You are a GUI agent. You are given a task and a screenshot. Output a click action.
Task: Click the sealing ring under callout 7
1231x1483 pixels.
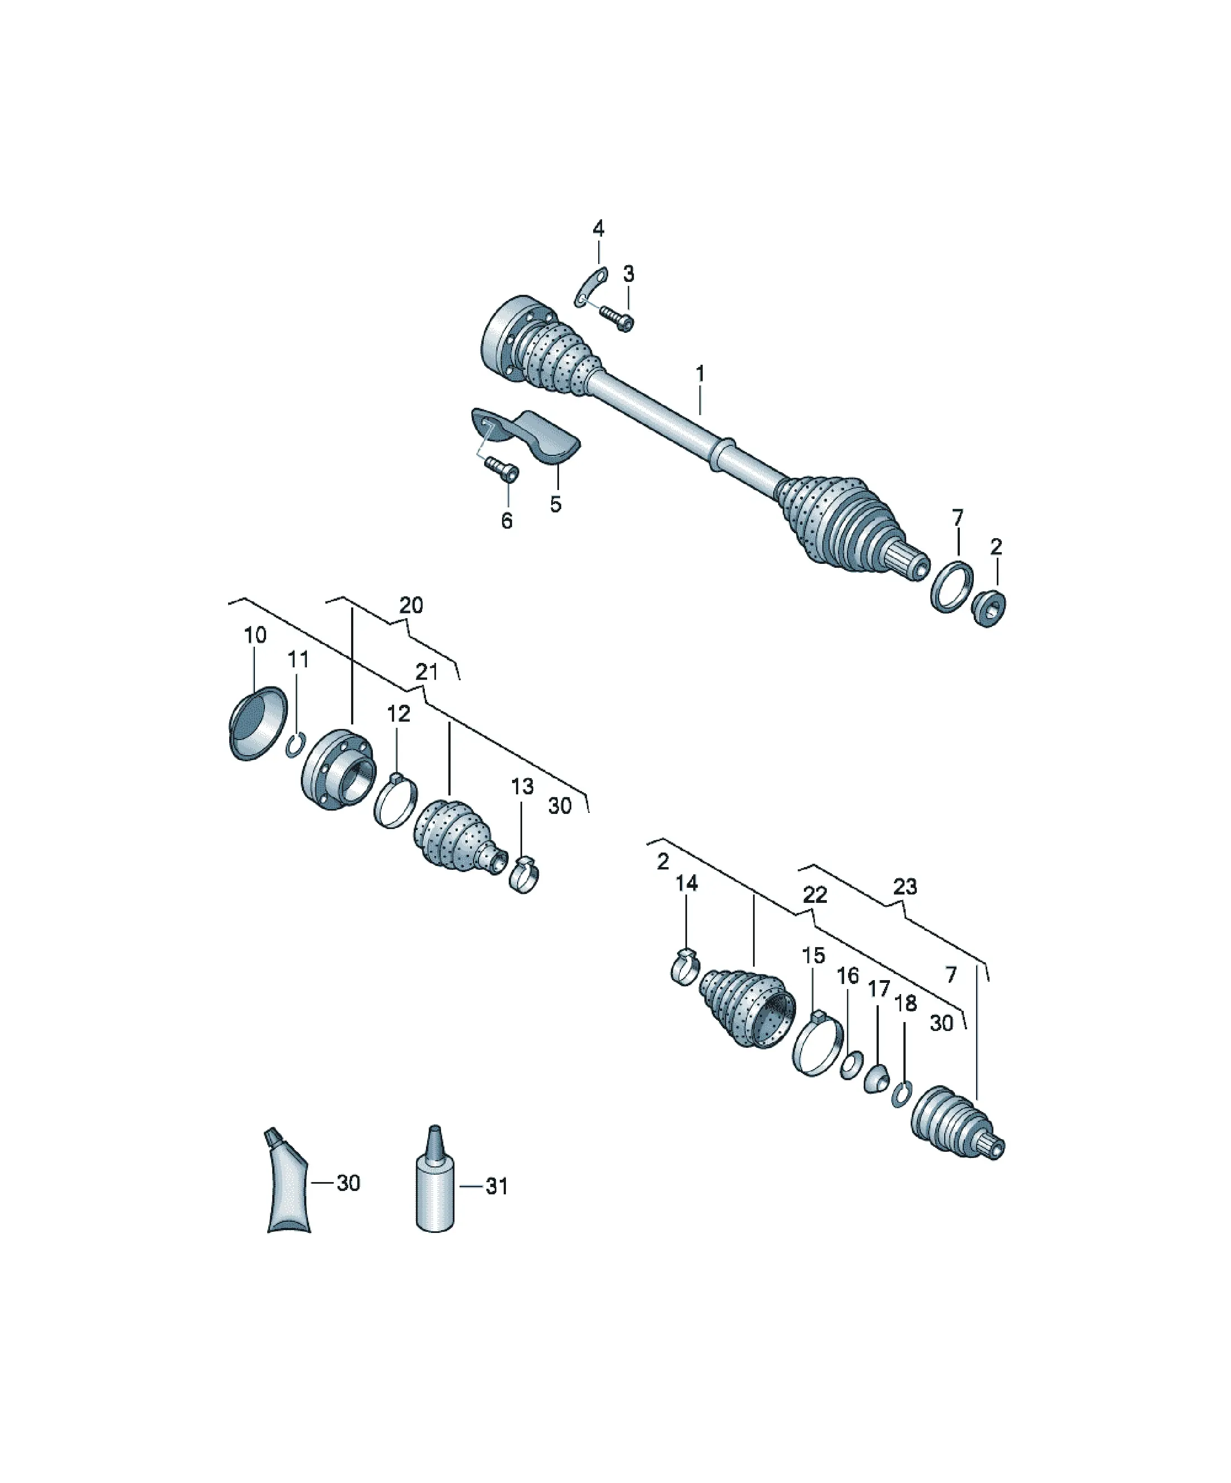(x=952, y=587)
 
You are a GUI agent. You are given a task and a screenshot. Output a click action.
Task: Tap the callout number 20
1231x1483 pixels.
(x=411, y=605)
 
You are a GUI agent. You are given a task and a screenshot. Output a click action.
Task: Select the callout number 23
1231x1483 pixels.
(x=905, y=886)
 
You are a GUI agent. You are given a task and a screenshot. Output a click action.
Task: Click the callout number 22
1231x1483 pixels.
(x=815, y=894)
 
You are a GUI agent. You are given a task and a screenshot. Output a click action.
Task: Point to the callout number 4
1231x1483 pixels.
(x=598, y=228)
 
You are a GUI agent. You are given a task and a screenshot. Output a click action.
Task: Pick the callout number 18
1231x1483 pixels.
(x=906, y=1003)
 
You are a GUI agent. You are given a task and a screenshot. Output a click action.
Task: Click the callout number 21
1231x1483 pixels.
(x=427, y=672)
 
